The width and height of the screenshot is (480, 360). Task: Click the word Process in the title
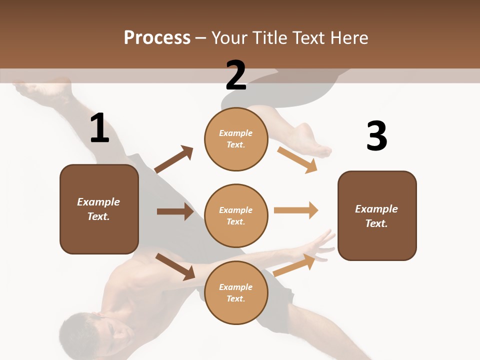[x=157, y=38]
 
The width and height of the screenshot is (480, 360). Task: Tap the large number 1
[x=99, y=128]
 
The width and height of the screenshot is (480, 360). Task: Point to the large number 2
[x=236, y=75]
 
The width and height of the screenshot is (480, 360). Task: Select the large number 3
[x=376, y=136]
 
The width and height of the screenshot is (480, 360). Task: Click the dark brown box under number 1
[x=99, y=209]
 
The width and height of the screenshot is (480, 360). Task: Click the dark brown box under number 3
[x=377, y=216]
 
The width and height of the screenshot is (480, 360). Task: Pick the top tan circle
[x=236, y=139]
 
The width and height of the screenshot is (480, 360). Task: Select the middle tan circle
[x=236, y=215]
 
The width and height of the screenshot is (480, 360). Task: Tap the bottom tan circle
[x=236, y=292]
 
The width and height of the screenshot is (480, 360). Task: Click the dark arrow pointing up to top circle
[x=174, y=159]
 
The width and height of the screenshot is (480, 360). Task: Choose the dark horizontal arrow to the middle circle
[x=175, y=211]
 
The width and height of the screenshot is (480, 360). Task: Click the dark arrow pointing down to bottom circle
[x=175, y=266]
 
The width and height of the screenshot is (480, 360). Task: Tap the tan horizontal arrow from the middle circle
[x=296, y=210]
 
